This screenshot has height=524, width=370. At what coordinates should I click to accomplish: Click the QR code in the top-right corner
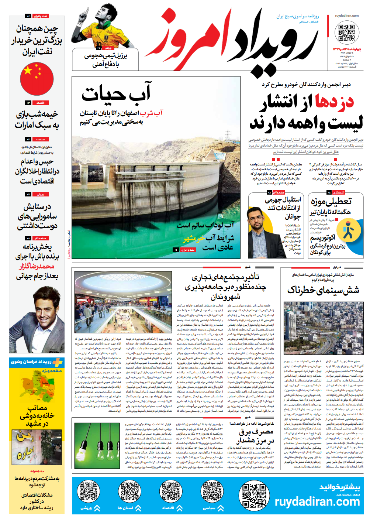tap(347, 32)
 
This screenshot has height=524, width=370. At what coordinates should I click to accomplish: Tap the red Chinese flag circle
tap(37, 79)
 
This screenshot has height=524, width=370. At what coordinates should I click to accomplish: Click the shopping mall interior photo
tap(123, 302)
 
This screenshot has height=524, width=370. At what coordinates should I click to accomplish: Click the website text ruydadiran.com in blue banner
tap(317, 501)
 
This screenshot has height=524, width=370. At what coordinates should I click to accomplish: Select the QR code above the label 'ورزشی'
tap(89, 492)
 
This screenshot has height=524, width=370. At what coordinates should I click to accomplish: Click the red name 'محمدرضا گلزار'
tap(37, 266)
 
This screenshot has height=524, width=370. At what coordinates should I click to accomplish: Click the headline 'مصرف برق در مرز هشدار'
tap(255, 436)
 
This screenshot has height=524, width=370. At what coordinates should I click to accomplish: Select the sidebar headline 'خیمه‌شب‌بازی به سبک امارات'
tap(37, 120)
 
